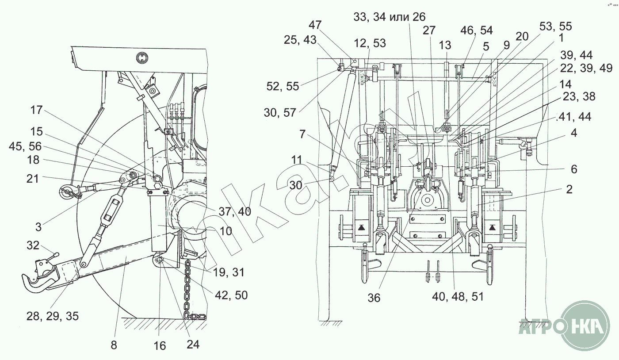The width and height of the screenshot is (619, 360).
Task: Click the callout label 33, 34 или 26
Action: [390, 17]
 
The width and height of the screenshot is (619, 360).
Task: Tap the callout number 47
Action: [315, 25]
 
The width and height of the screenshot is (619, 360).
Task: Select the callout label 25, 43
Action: [300, 40]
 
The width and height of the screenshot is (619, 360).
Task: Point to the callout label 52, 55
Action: [283, 86]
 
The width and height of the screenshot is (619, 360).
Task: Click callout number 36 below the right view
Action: [374, 298]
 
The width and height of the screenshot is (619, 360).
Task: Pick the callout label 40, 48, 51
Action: [458, 297]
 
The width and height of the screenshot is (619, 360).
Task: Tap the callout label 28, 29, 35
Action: [53, 316]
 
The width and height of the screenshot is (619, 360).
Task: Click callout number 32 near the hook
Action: [33, 245]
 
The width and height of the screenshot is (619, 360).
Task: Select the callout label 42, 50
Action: [231, 295]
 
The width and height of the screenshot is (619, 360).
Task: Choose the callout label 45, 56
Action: [25, 146]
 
